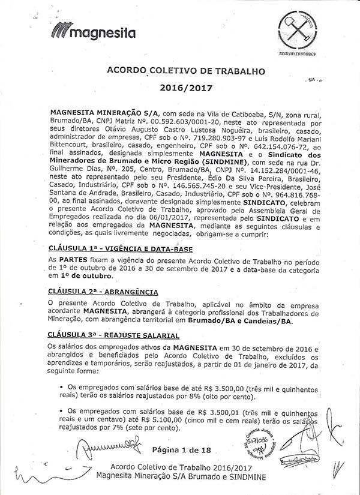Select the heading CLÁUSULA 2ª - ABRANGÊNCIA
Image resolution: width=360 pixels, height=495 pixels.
103,292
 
